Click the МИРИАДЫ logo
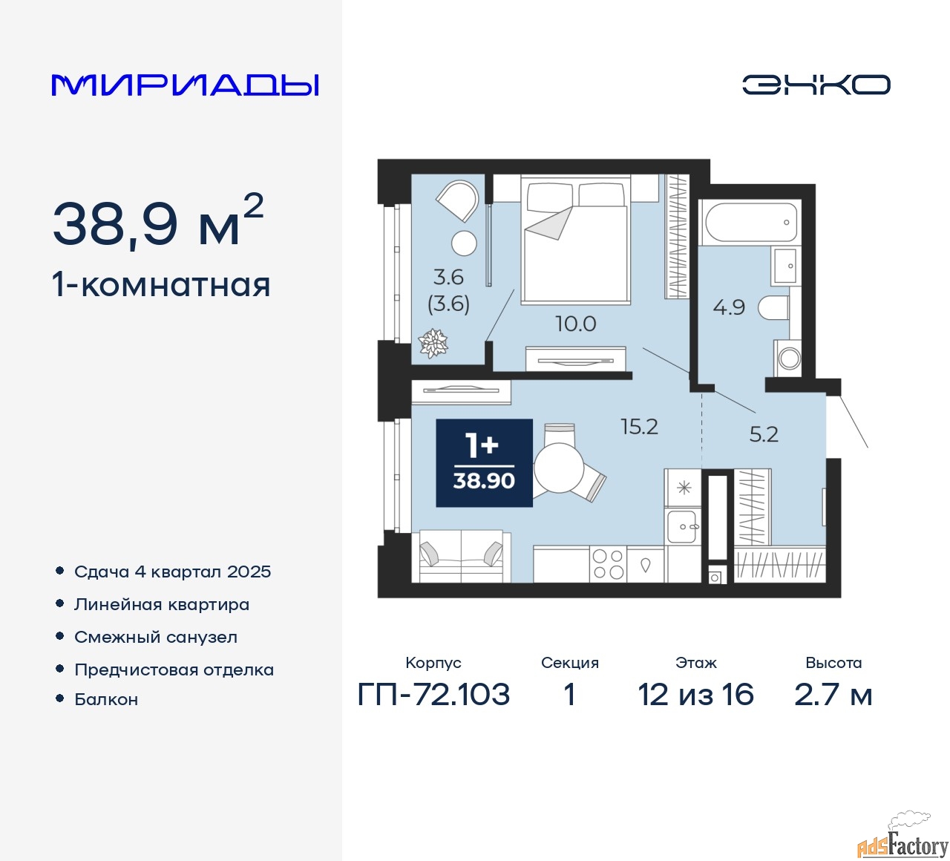[x=185, y=85]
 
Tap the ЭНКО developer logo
[x=816, y=85]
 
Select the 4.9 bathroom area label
[x=729, y=307]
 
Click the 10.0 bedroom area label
[x=575, y=324]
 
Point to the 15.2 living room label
[x=639, y=427]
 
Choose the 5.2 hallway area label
[x=764, y=433]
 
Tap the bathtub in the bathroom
[x=751, y=222]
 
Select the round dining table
[x=560, y=468]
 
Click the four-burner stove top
[x=608, y=563]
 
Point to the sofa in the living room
[x=461, y=555]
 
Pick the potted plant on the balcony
[x=433, y=344]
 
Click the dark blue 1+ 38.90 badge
[x=484, y=462]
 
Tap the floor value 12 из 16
[x=695, y=695]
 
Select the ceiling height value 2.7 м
[x=833, y=695]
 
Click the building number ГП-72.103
[x=433, y=695]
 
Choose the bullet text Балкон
[x=106, y=699]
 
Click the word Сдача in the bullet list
[x=102, y=572]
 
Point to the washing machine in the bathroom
[x=787, y=358]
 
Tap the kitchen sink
[x=683, y=527]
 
